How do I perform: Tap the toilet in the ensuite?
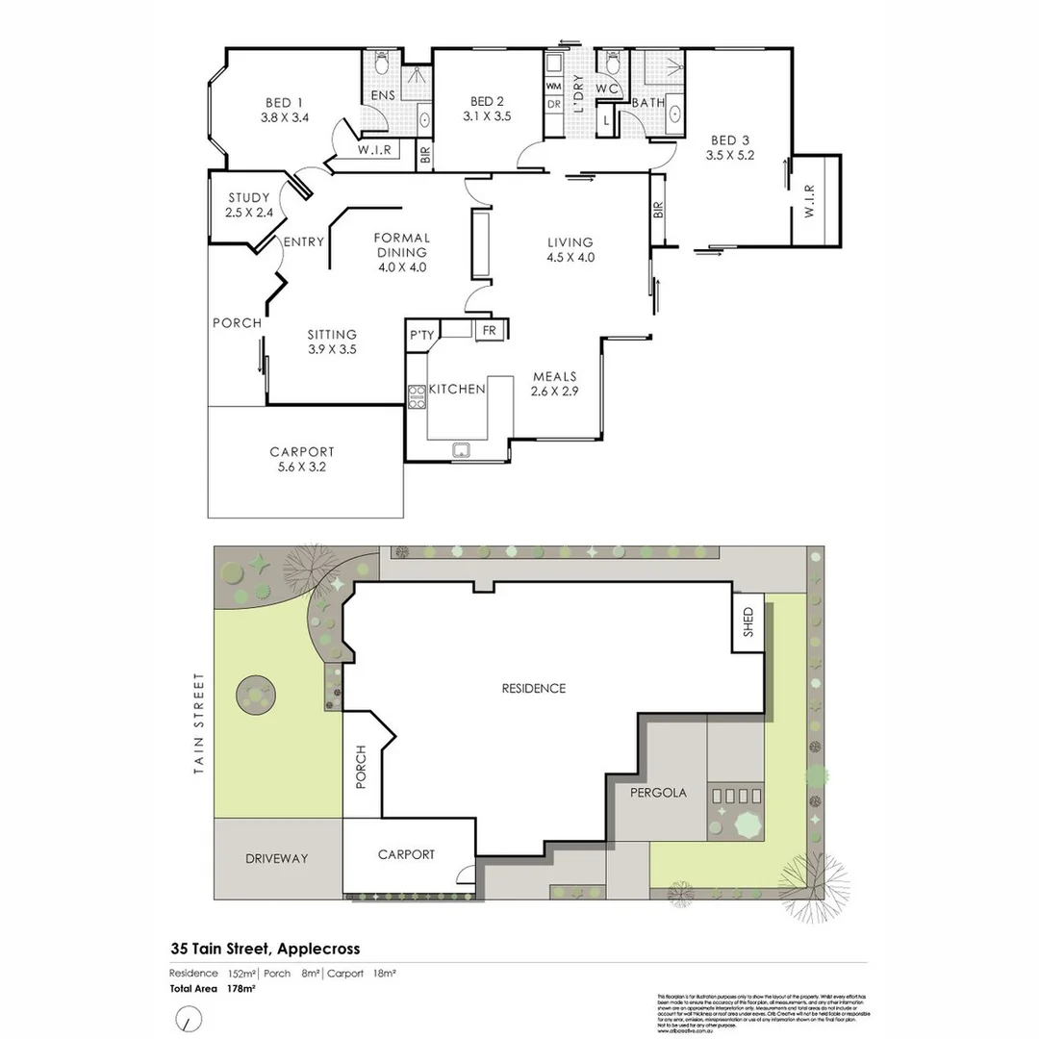[381, 64]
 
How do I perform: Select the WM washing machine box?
[554, 86]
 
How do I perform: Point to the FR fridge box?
[489, 330]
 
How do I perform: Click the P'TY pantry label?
[421, 336]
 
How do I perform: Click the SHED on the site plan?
[748, 626]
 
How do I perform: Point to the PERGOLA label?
[659, 794]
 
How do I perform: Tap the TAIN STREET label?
[200, 723]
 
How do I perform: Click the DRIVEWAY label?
[276, 858]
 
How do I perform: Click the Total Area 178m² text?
[200, 988]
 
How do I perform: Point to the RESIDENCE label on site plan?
[534, 688]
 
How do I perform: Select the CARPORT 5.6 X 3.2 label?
[302, 459]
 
